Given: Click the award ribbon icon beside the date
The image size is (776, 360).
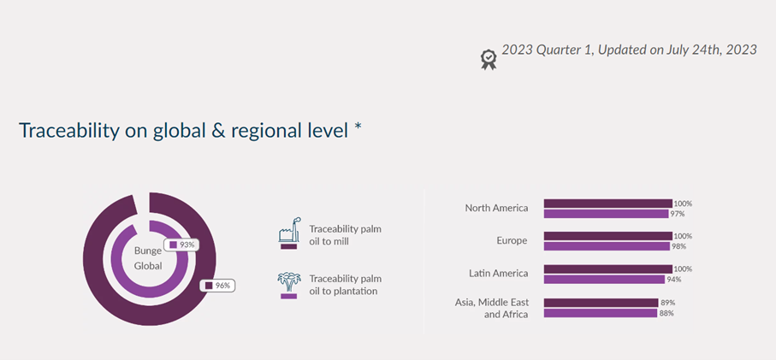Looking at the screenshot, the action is pos(489,59).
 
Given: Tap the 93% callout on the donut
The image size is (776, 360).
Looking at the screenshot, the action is pos(181,245).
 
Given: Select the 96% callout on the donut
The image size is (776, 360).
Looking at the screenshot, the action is pos(217,286).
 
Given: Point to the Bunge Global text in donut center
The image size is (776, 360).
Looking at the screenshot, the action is pos(148,258).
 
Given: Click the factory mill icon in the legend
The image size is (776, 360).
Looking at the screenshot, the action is pos(289,233).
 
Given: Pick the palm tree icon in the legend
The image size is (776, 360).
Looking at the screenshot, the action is pos(289,285).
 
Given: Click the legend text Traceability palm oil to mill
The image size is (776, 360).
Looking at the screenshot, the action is pos(346,235).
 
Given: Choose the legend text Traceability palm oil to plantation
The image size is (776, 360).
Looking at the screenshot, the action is pos(346,285).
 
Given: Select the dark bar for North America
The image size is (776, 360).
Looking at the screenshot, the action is pos(607,204).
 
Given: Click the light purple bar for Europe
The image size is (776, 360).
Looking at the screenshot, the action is pos(607,246).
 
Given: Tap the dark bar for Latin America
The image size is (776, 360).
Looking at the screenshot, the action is pos(607,269).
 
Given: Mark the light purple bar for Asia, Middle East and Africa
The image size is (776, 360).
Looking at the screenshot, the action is pos(601,313).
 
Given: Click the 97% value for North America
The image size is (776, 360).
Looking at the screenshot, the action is pos(678,214).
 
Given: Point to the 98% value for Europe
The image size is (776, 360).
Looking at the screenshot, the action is pos(678,246).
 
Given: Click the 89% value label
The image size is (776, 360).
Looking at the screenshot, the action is pos(667,302).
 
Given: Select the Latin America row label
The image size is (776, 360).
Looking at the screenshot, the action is pos(498,273).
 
